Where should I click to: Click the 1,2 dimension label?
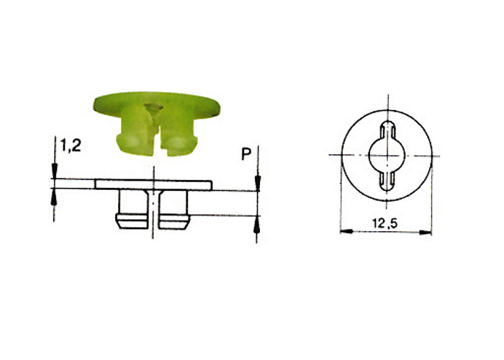[71, 146]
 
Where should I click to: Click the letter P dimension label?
[246, 154]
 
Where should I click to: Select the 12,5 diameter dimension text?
[385, 223]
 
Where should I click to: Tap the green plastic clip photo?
[156, 124]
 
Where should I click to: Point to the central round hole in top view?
[387, 156]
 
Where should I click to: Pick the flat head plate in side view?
[153, 184]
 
